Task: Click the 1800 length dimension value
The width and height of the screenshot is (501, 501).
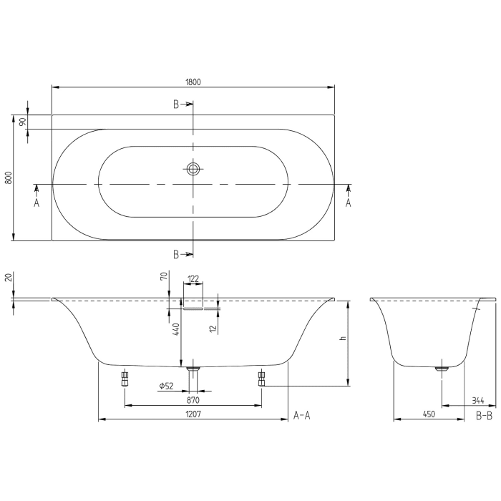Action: tap(193, 81)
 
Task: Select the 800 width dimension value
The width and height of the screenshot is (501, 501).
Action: tap(9, 177)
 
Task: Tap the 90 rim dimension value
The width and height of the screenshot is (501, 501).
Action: tap(22, 122)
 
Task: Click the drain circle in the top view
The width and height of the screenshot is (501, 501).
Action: tap(193, 170)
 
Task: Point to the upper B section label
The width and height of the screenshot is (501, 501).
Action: tap(176, 104)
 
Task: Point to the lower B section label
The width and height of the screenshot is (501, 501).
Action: tap(176, 254)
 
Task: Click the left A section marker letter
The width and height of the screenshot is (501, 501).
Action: tap(37, 203)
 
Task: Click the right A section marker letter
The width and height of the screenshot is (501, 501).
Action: tap(349, 203)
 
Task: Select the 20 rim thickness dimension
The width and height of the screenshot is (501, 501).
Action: tap(8, 278)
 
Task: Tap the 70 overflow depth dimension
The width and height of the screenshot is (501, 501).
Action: tap(164, 276)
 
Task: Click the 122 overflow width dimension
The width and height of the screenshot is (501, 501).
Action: tap(193, 278)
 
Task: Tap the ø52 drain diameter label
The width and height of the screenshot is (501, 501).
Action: tap(166, 386)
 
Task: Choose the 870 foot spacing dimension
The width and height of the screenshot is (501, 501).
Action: tap(193, 400)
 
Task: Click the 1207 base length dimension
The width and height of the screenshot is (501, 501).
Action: tap(193, 414)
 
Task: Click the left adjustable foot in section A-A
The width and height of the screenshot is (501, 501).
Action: tap(125, 377)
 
